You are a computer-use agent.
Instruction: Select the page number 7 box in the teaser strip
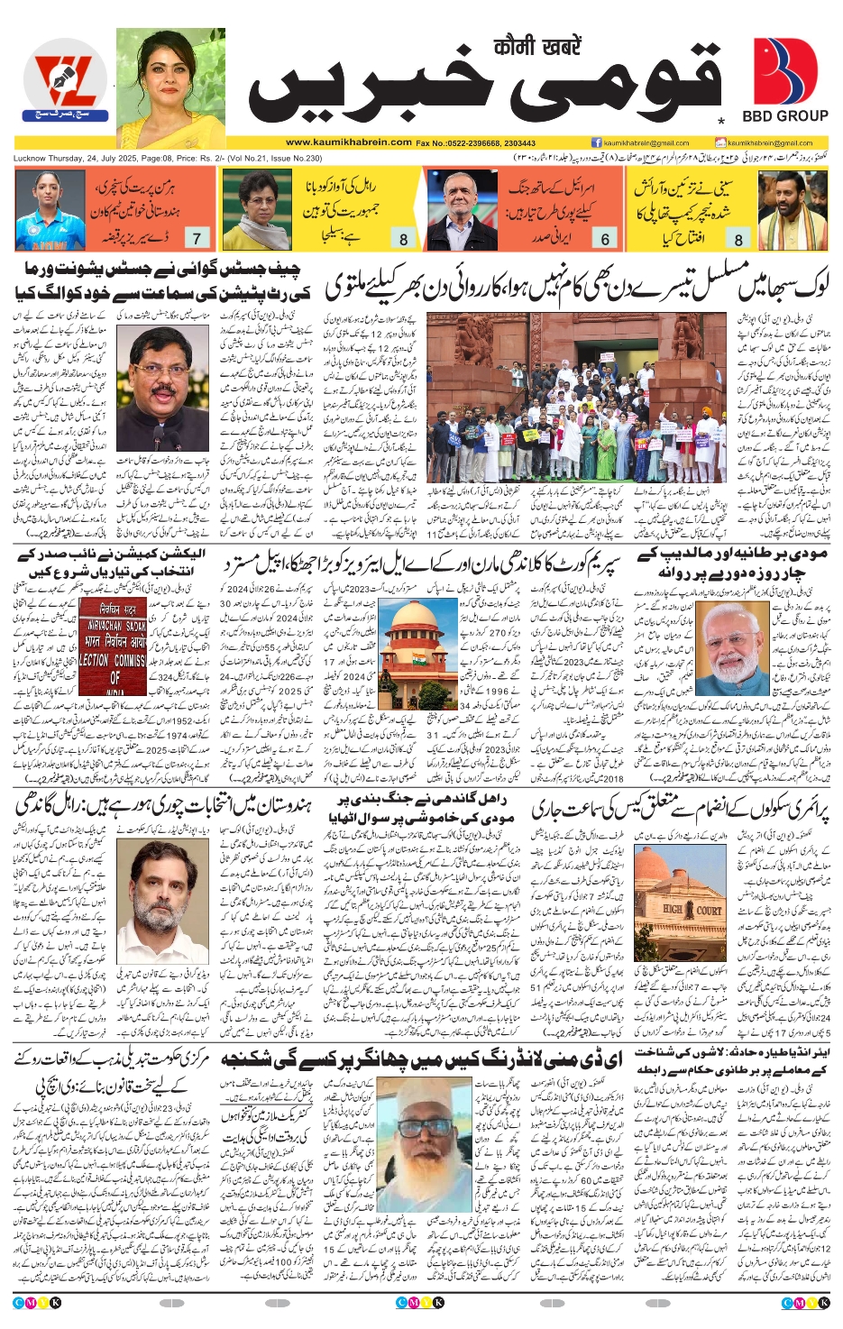click(x=197, y=239)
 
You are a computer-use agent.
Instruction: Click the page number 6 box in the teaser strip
click(x=605, y=239)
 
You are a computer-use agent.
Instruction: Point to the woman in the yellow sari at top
click(x=170, y=87)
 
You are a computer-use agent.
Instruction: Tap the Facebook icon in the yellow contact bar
click(x=596, y=142)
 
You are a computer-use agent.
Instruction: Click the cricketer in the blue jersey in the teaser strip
click(x=50, y=210)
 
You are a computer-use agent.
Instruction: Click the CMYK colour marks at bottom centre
click(x=420, y=1302)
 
